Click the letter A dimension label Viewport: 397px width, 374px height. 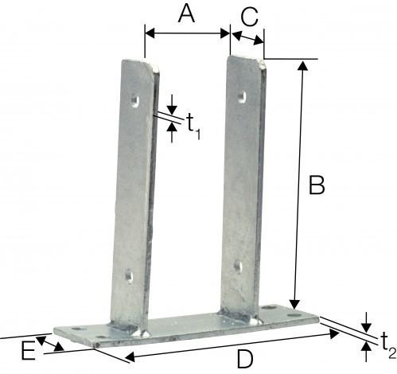[x=186, y=14]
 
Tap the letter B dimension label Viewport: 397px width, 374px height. [x=316, y=186]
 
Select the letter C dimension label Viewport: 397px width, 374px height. [x=248, y=15]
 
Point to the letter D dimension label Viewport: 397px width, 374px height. [x=244, y=360]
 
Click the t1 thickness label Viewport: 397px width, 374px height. [x=193, y=125]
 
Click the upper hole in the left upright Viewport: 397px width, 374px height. [x=134, y=100]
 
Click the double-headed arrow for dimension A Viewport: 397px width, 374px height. [x=187, y=33]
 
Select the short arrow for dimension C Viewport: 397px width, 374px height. [x=247, y=37]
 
